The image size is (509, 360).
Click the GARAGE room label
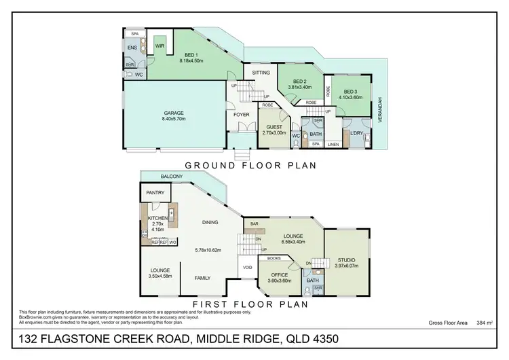(174, 113)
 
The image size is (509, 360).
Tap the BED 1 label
(191, 54)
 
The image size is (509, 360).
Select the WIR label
(160, 46)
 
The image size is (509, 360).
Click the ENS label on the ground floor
(132, 49)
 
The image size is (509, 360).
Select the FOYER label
(241, 115)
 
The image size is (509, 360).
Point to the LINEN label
(333, 145)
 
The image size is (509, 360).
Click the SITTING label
(261, 73)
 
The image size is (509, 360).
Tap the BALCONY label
(170, 177)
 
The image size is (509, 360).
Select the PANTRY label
(156, 193)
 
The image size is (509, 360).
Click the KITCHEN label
(157, 217)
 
